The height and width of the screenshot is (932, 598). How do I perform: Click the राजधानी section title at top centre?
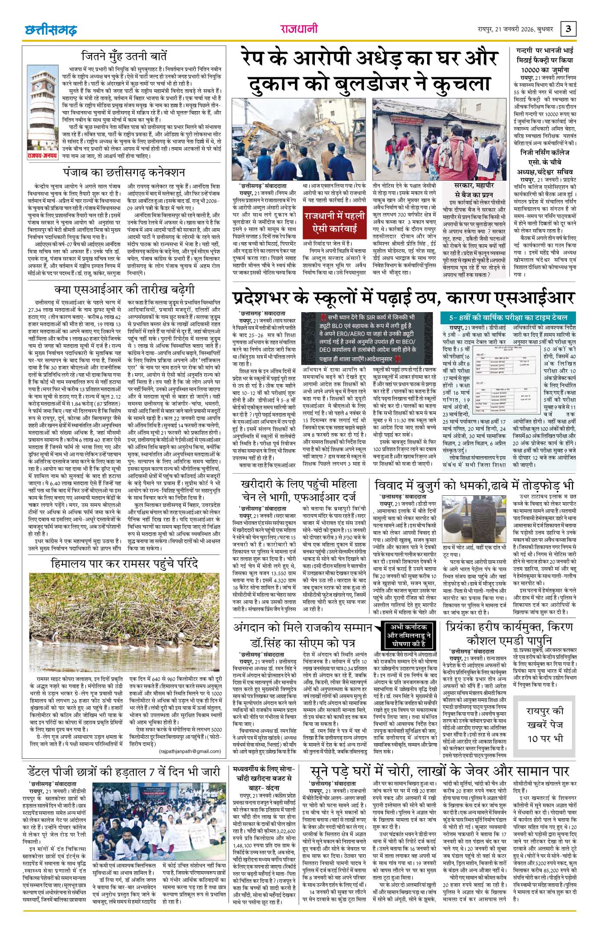(298, 30)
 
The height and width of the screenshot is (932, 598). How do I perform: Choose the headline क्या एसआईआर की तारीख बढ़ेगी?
(124, 290)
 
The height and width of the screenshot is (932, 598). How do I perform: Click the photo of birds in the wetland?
(124, 625)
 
